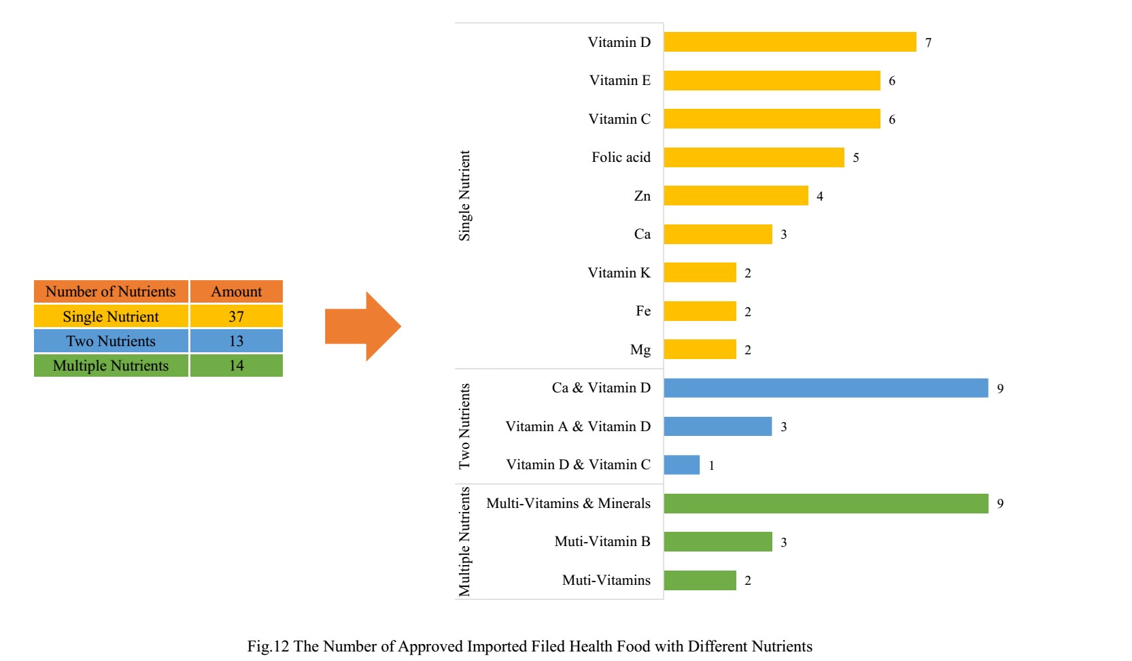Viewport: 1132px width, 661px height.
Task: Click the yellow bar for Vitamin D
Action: click(x=789, y=42)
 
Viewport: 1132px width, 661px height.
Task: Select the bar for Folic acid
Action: click(x=753, y=158)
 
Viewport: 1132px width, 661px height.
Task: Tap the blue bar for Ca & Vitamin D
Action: click(x=825, y=388)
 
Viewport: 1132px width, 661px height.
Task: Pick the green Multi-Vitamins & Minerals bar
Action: click(x=825, y=504)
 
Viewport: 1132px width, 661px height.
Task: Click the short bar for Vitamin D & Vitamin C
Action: click(x=681, y=465)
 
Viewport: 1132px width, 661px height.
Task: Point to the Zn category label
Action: click(x=642, y=197)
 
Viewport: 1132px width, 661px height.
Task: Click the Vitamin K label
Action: click(x=619, y=273)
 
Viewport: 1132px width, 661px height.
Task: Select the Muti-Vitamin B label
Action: click(x=602, y=542)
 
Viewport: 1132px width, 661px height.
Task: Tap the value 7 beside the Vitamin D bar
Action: click(x=928, y=43)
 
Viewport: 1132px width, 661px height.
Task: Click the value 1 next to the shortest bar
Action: click(x=711, y=466)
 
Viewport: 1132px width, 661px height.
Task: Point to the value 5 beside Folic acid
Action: click(x=855, y=158)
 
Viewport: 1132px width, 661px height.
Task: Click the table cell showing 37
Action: click(x=236, y=317)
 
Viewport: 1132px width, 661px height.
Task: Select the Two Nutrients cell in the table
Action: click(x=111, y=341)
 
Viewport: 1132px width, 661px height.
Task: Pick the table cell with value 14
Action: click(x=236, y=366)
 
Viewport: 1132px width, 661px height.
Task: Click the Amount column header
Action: click(x=236, y=292)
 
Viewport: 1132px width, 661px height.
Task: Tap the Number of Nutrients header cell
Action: click(x=111, y=292)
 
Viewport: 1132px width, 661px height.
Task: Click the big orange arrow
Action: click(x=362, y=326)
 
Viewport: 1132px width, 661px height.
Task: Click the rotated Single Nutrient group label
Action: click(x=464, y=196)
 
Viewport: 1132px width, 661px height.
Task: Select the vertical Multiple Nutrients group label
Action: click(x=464, y=541)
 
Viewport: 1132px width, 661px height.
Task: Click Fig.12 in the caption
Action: click(x=268, y=647)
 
